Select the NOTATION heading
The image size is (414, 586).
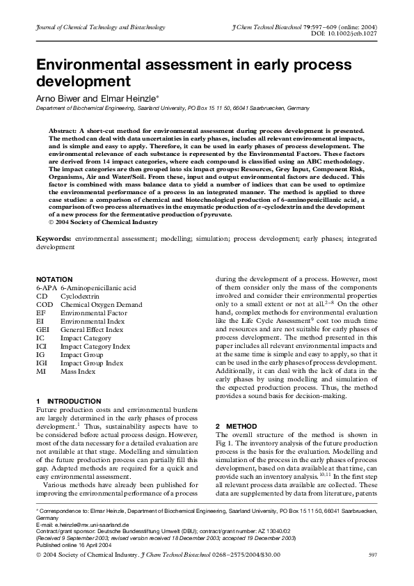pyautogui.click(x=54, y=278)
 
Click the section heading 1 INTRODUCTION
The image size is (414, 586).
pyautogui.click(x=68, y=402)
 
